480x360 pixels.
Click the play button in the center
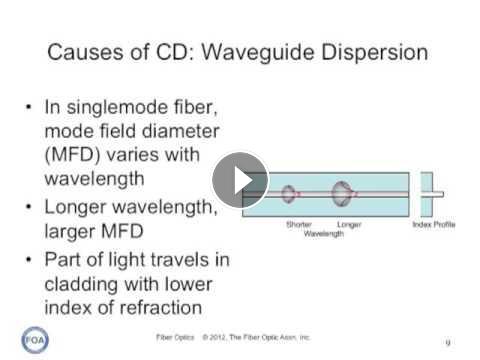[240, 180]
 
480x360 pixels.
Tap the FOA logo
[35, 340]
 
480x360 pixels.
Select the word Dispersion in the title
[375, 52]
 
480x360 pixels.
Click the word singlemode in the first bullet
[118, 108]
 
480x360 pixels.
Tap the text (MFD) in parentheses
[72, 155]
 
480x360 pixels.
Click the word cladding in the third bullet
[81, 284]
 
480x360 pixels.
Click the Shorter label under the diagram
[299, 224]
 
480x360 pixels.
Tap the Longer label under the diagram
[349, 225]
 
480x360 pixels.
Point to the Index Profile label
[434, 224]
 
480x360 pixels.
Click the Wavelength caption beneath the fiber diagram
[324, 234]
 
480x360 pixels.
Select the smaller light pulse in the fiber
[289, 194]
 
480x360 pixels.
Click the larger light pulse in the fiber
[343, 193]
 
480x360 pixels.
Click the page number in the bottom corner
[448, 342]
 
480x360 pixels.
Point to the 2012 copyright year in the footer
[218, 337]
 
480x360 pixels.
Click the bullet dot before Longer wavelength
[29, 207]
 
